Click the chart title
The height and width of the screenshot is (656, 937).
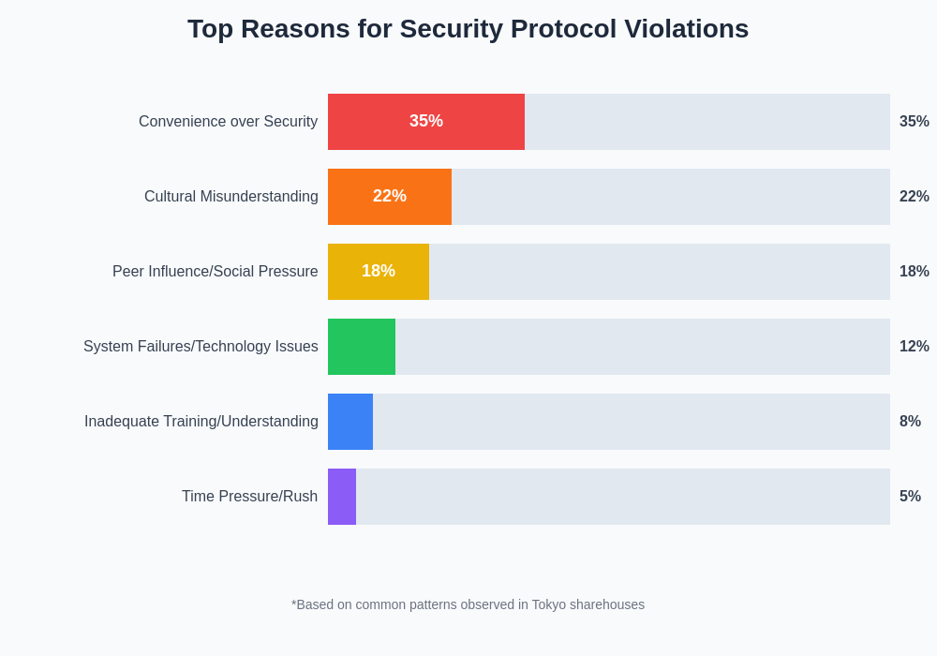pyautogui.click(x=468, y=29)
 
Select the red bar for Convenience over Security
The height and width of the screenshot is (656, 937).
pyautogui.click(x=468, y=122)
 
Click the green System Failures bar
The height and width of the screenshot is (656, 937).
pyautogui.click(x=362, y=347)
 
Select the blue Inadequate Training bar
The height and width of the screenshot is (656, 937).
pyautogui.click(x=350, y=422)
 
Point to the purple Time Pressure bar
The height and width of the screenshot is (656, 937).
pyautogui.click(x=342, y=497)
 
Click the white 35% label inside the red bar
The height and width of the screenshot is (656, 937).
pyautogui.click(x=426, y=121)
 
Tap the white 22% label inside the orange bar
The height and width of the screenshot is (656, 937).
pyautogui.click(x=390, y=196)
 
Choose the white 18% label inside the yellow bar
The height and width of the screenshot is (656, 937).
pyautogui.click(x=379, y=271)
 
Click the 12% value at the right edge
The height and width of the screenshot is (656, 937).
pyautogui.click(x=914, y=347)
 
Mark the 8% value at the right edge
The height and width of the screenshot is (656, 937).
pyautogui.click(x=910, y=422)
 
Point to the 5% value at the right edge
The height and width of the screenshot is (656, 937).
pyautogui.click(x=910, y=497)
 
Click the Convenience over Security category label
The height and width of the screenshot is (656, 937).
pyautogui.click(x=228, y=122)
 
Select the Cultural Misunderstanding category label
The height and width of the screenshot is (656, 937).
pyautogui.click(x=231, y=197)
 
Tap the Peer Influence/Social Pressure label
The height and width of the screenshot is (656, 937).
pyautogui.click(x=215, y=272)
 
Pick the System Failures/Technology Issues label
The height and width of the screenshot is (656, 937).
pyautogui.click(x=201, y=347)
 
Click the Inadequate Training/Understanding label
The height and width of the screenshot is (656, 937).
pyautogui.click(x=201, y=422)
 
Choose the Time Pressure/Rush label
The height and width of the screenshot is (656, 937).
pyautogui.click(x=249, y=497)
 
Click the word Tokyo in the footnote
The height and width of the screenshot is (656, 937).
pyautogui.click(x=548, y=604)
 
